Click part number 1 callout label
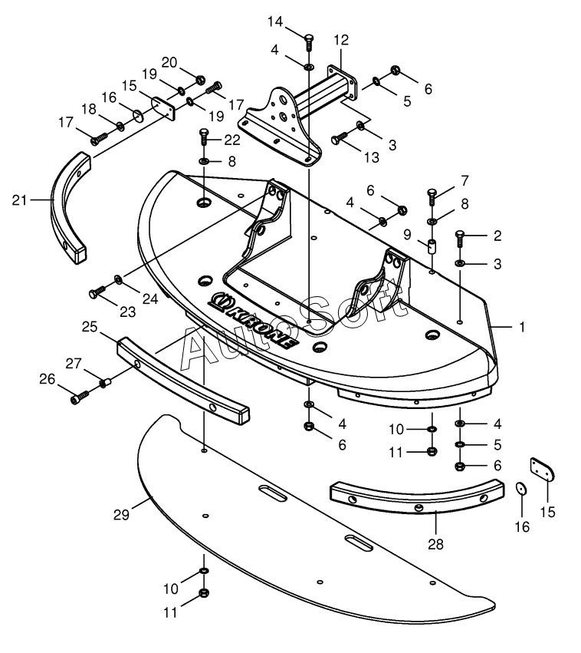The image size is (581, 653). pos(522,327)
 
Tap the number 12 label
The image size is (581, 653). pos(341,41)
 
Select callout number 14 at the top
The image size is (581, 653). pos(275,21)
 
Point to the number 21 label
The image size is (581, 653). pos(20,200)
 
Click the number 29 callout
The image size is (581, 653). pos(121,515)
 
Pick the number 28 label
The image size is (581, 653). pos(435,544)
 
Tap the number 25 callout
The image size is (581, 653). pos(90,327)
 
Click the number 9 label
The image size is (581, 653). pos(407,235)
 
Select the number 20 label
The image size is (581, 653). pos(169,62)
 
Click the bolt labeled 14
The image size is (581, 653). pos(309,42)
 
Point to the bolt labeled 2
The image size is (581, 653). pos(460,239)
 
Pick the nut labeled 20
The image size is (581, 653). pos(199,79)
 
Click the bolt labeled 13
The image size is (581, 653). pos(340,138)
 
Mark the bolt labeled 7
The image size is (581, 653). pos(432,197)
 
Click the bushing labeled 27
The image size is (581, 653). pos(105,382)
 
